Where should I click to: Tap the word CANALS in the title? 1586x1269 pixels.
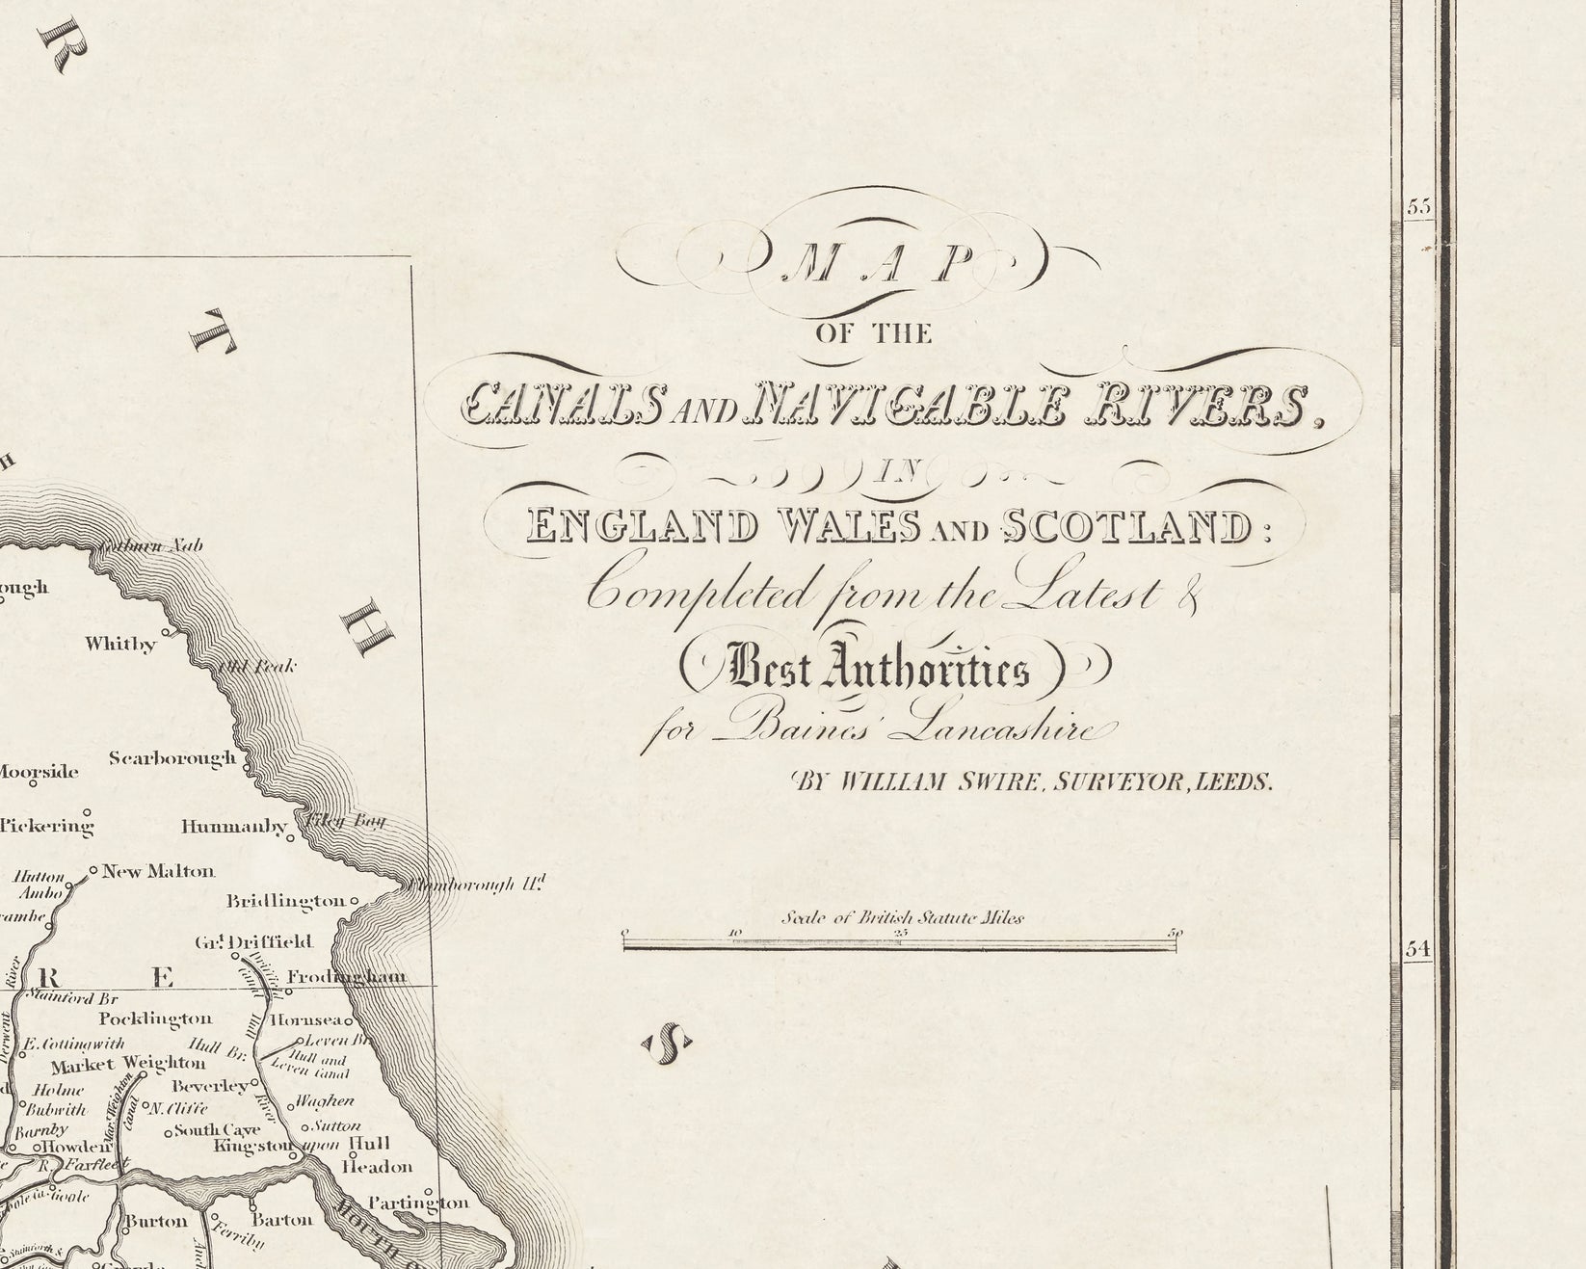click(563, 406)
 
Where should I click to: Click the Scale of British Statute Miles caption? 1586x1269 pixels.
click(902, 917)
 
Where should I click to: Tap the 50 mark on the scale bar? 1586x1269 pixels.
click(1175, 933)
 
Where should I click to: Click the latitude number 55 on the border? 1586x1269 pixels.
click(1419, 207)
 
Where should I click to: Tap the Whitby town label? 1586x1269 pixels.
click(120, 644)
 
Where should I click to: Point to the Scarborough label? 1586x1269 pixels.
click(172, 758)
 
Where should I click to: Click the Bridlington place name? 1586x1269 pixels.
click(285, 902)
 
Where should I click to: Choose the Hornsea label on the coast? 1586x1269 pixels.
click(304, 1019)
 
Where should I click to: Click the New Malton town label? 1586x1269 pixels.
click(158, 871)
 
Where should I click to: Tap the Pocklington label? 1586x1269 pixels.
click(154, 1018)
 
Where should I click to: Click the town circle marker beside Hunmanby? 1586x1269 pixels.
click(290, 838)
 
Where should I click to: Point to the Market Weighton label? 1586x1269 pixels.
click(127, 1064)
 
